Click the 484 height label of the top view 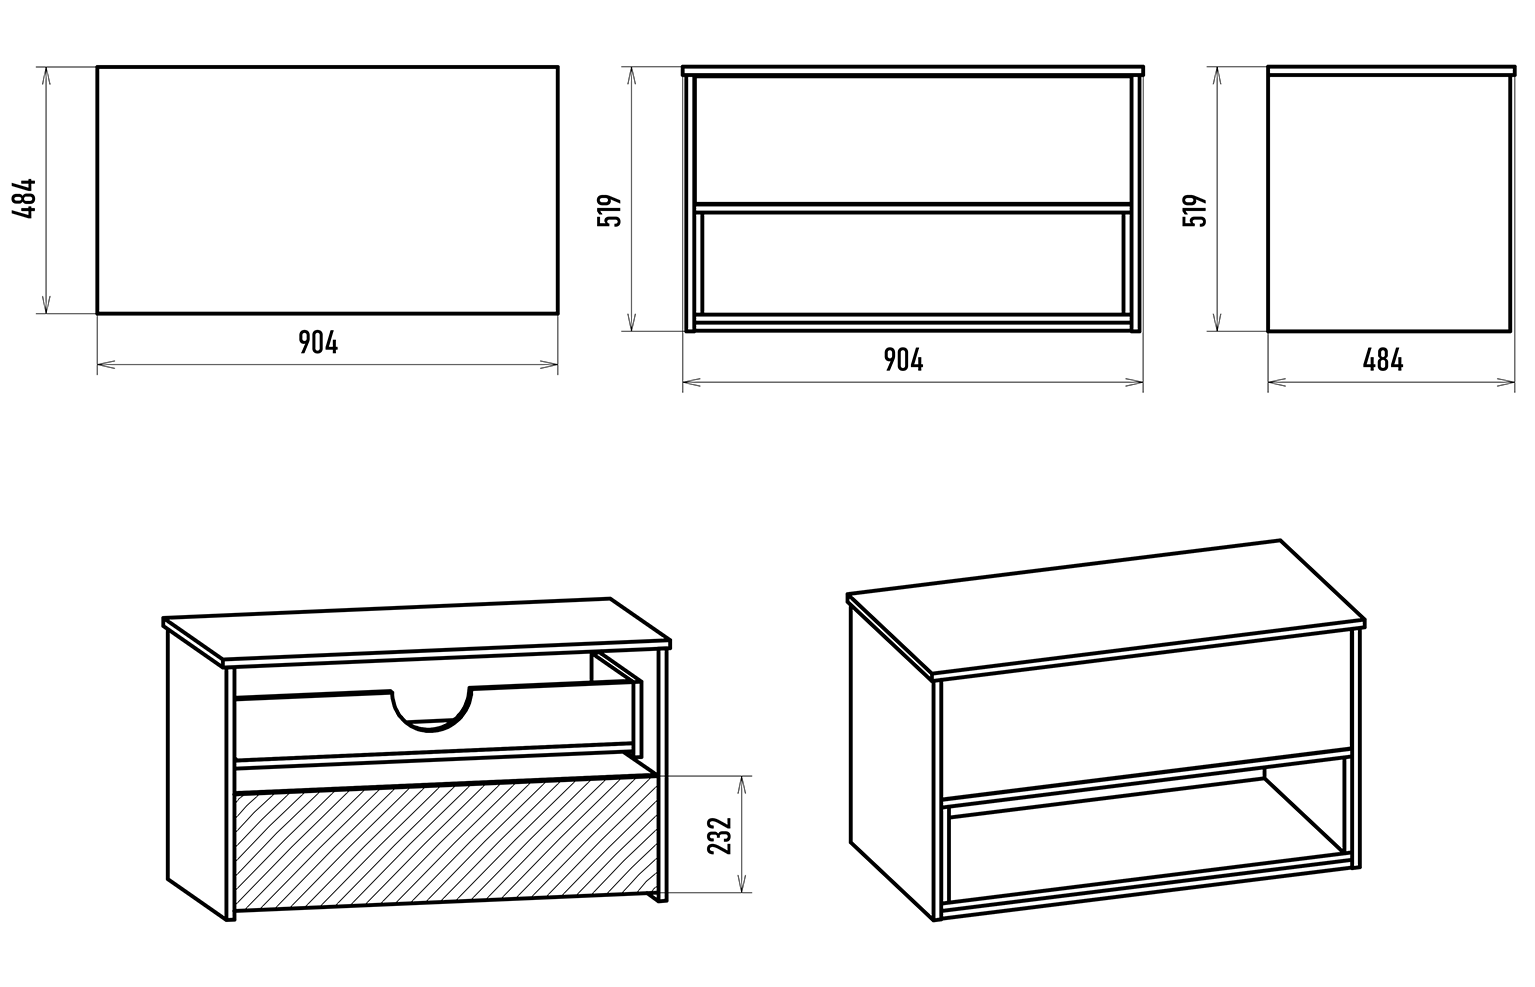[x=25, y=199]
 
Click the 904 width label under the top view [x=318, y=343]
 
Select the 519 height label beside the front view [x=610, y=210]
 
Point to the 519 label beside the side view [x=1195, y=210]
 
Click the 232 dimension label [x=720, y=836]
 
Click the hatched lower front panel [x=446, y=850]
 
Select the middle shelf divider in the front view [x=913, y=208]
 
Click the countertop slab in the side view [x=1391, y=71]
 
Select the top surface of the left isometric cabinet [x=417, y=630]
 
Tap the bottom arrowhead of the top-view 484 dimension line [x=46, y=305]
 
